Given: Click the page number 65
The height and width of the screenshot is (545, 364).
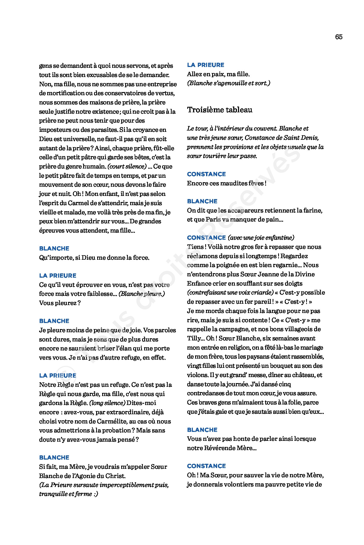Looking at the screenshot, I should point(339,37).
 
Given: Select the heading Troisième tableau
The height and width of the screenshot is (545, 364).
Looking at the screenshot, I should point(220,110).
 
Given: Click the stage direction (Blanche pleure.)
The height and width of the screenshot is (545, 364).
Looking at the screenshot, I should point(142,294).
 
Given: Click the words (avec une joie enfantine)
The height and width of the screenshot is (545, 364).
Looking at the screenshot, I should point(261,238).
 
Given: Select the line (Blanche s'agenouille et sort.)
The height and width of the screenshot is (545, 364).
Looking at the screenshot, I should point(228,83).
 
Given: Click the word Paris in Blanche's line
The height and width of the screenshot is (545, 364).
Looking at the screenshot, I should point(213,219).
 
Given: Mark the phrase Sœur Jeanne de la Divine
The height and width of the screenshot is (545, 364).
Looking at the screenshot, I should point(277,274).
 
